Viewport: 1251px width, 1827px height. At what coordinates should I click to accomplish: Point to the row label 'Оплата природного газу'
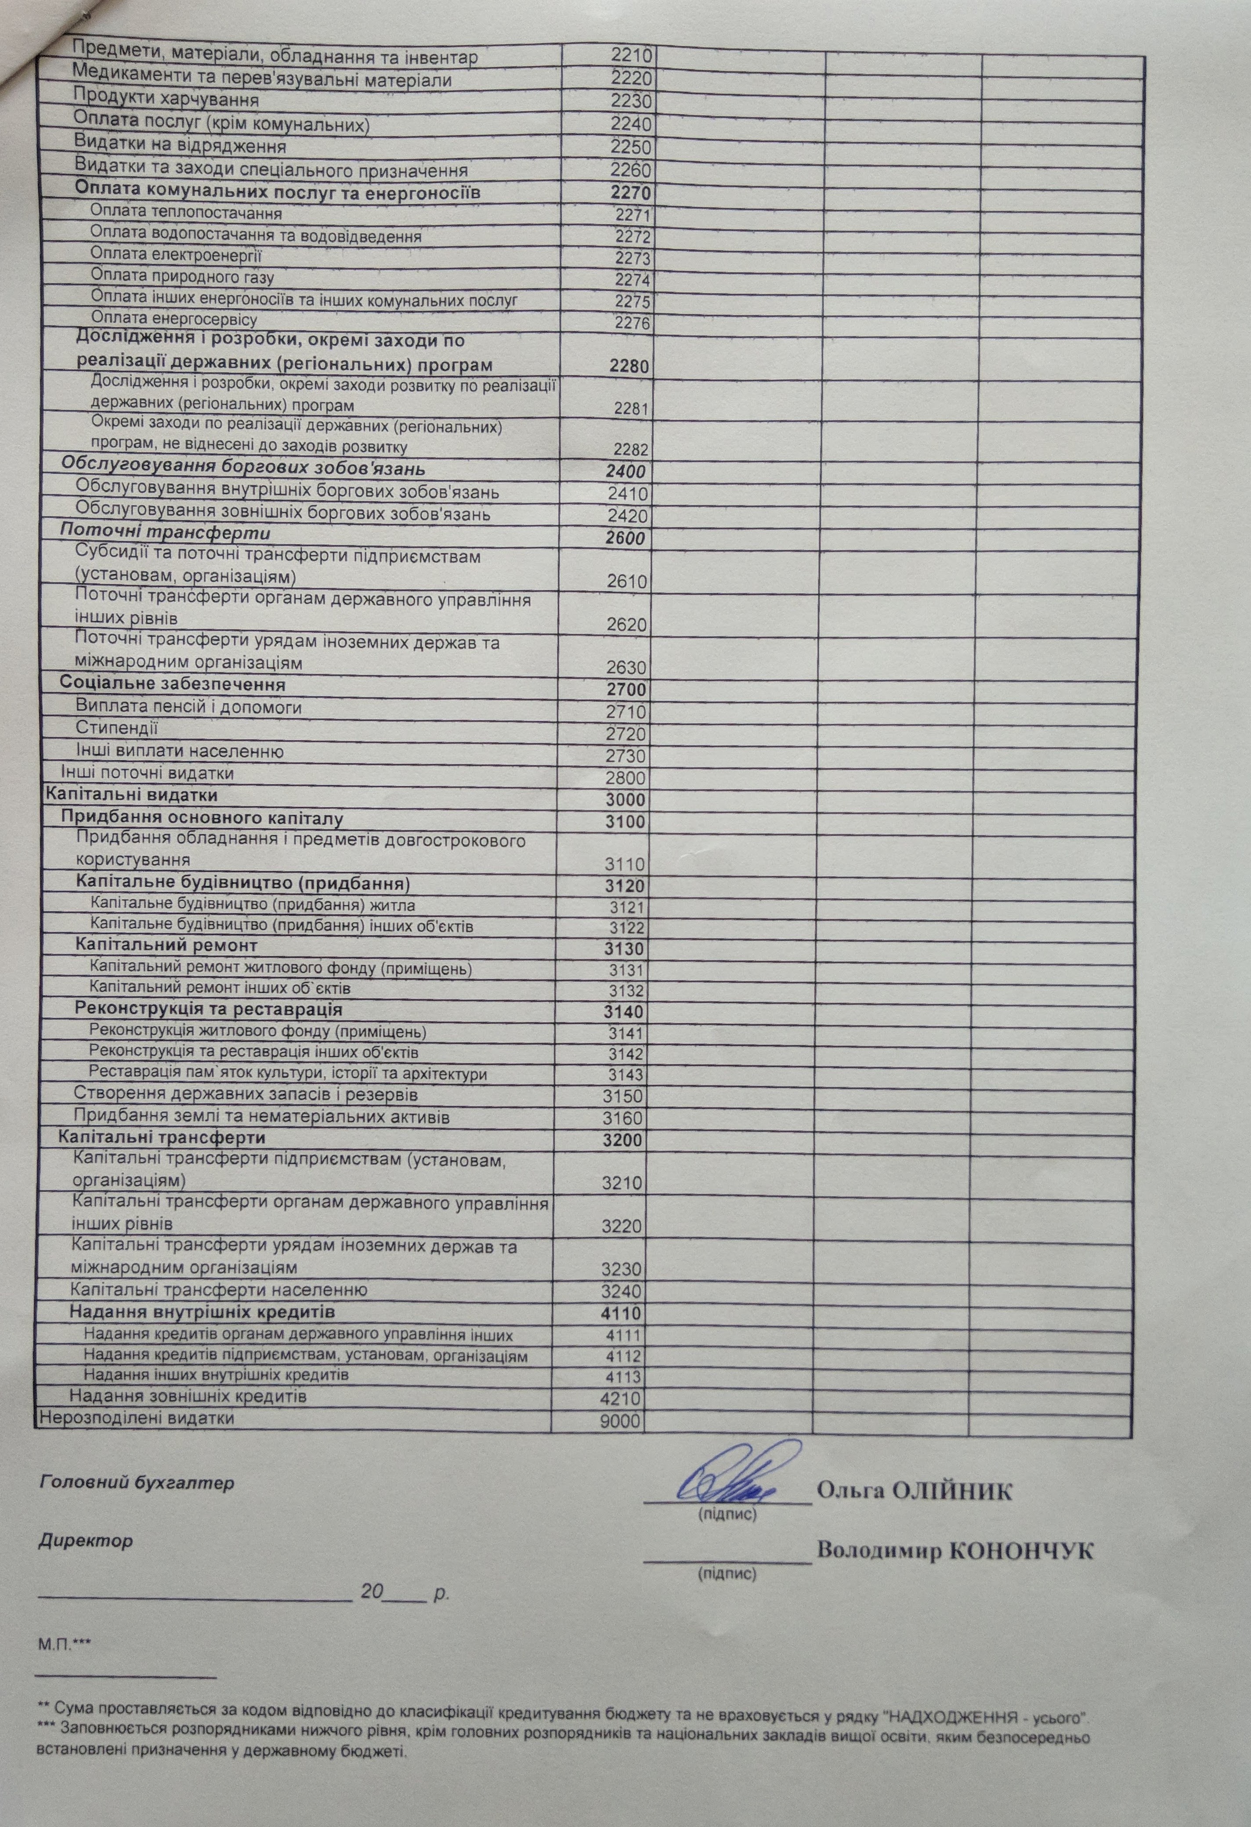[x=182, y=277]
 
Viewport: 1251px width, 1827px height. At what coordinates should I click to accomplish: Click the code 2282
[x=631, y=450]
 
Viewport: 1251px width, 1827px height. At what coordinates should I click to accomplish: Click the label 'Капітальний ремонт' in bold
[x=166, y=945]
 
